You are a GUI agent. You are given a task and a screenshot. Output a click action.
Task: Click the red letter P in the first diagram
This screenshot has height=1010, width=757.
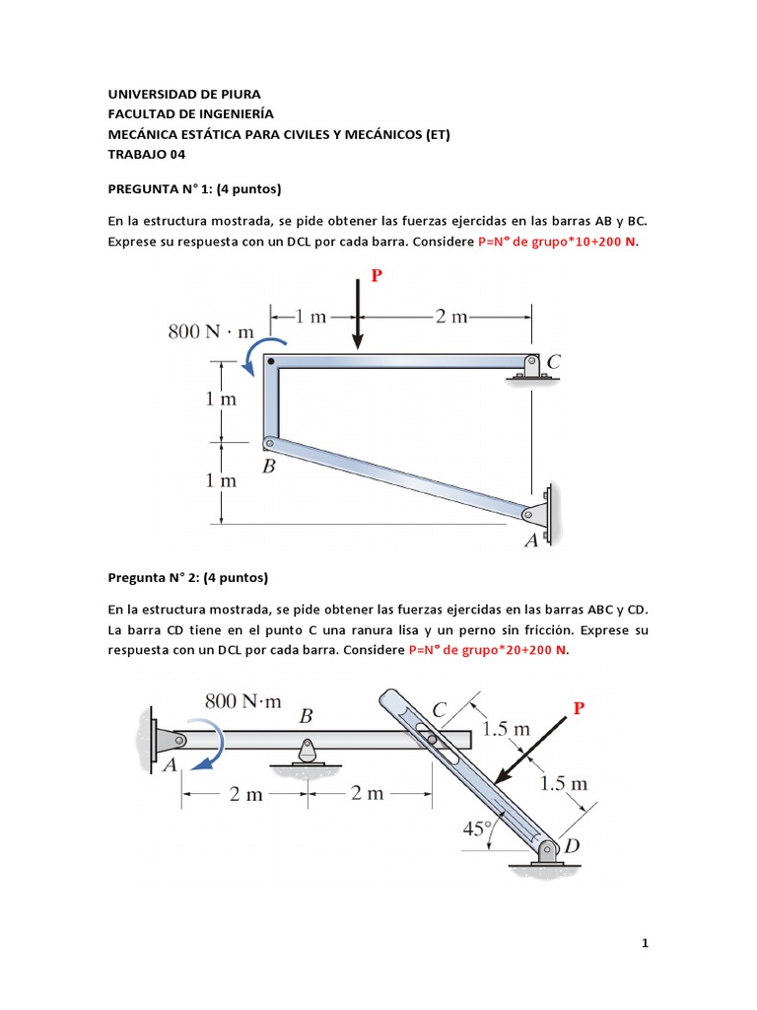377,276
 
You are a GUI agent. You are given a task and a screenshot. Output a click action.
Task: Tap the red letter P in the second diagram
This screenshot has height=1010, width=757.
579,708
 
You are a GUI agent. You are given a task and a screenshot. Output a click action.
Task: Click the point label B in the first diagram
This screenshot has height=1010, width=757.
268,468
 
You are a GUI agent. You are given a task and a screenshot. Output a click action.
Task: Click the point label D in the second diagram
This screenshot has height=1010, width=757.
572,846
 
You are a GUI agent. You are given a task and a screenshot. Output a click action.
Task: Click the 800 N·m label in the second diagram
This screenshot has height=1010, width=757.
243,701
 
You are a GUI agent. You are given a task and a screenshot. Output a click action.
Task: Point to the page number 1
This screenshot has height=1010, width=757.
645,943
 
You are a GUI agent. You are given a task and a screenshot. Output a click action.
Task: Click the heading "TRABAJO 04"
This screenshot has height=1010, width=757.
146,154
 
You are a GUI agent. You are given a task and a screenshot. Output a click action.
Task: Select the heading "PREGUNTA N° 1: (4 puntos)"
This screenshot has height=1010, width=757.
194,187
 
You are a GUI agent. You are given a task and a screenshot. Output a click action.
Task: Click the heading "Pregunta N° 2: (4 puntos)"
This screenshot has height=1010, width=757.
187,577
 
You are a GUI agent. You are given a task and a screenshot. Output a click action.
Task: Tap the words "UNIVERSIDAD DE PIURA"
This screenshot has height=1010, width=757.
184,95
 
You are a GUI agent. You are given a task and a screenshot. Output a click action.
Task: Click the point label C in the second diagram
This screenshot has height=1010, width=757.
440,709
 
